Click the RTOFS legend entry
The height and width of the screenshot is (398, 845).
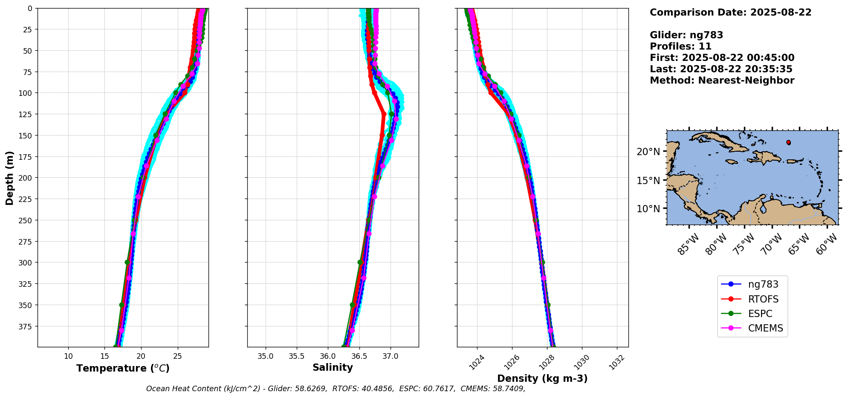(x=763, y=299)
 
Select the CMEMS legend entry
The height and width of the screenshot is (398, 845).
(x=765, y=328)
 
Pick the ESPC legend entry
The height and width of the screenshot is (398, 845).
(x=760, y=314)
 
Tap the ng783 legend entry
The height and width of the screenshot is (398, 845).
(x=763, y=284)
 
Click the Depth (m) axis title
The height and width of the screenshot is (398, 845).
(x=9, y=178)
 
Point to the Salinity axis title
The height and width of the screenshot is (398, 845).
(x=333, y=368)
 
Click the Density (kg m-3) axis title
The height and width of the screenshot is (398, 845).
(x=542, y=378)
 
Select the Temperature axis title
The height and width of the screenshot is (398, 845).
(x=123, y=368)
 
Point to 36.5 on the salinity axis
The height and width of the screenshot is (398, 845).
(x=359, y=356)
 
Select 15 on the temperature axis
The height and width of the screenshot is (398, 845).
(x=105, y=356)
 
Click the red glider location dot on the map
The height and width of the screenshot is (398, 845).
(x=788, y=142)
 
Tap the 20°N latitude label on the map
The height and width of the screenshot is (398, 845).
(x=648, y=152)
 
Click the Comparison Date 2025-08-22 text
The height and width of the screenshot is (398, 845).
(x=730, y=12)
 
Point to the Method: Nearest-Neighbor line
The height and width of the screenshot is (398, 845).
(x=722, y=81)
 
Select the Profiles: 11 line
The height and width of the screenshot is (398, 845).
(x=680, y=46)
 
